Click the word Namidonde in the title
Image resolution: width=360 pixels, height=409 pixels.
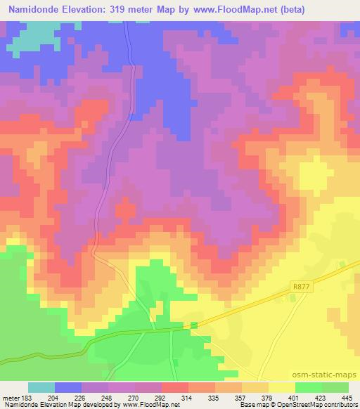34,10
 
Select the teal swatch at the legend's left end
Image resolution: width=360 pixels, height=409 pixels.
41,387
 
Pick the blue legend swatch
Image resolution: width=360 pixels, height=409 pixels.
67,387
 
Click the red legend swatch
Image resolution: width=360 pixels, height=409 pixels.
175,387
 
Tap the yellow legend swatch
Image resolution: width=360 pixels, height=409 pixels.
281,387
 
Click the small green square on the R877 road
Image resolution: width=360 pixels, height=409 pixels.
192,325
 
